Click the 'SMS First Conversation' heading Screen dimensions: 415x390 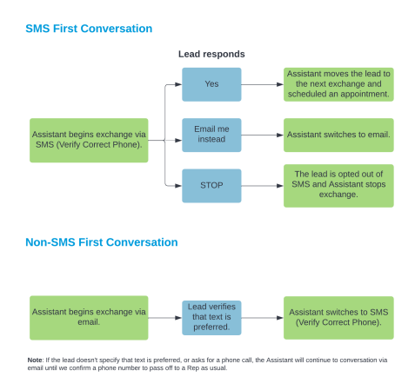pyautogui.click(x=89, y=29)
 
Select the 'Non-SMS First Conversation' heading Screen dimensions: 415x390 pyautogui.click(x=102, y=242)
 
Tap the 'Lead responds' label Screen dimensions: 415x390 pyautogui.click(x=211, y=54)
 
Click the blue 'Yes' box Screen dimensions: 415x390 pyautogui.click(x=211, y=84)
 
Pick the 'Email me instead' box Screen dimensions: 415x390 pyautogui.click(x=211, y=135)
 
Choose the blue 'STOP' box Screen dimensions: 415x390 pyautogui.click(x=211, y=186)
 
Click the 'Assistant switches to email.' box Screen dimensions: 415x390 pyautogui.click(x=338, y=135)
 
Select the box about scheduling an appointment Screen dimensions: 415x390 pyautogui.click(x=338, y=84)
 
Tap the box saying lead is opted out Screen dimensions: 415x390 pyautogui.click(x=338, y=186)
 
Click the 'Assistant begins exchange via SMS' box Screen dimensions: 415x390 pyautogui.click(x=89, y=140)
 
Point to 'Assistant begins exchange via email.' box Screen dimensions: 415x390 pyautogui.click(x=89, y=318)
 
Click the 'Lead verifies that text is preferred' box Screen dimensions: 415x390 pyautogui.click(x=211, y=318)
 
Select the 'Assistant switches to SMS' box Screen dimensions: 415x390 pyautogui.click(x=338, y=318)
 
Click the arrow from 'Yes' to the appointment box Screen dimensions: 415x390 pyautogui.click(x=262, y=84)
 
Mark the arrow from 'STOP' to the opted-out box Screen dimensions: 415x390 pyautogui.click(x=262, y=186)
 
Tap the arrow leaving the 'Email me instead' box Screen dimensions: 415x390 pyautogui.click(x=262, y=135)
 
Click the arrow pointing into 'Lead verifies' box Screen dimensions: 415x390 pyautogui.click(x=164, y=318)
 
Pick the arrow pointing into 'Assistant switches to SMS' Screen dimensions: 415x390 pyautogui.click(x=262, y=318)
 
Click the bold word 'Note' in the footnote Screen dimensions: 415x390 pyautogui.click(x=35, y=360)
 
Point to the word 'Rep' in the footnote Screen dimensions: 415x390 pyautogui.click(x=192, y=368)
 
